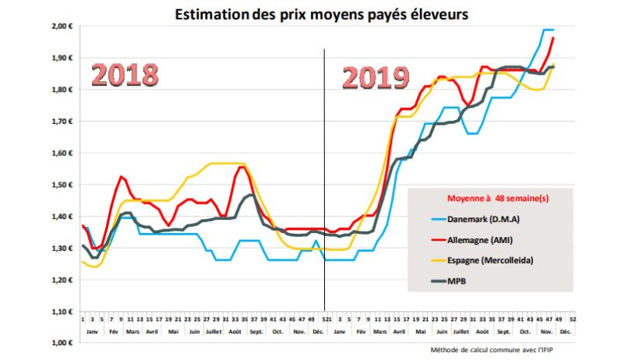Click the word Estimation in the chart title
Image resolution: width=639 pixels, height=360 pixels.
(206, 14)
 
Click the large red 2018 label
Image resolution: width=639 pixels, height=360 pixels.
(125, 75)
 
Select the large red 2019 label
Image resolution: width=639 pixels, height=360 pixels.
(376, 77)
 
